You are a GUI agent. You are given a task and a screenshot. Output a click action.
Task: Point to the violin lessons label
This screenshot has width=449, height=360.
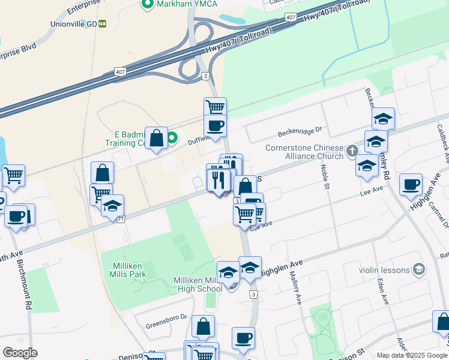pyautogui.click(x=384, y=270)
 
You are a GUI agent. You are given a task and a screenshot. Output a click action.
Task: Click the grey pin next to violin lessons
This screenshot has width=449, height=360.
pyautogui.click(x=418, y=269)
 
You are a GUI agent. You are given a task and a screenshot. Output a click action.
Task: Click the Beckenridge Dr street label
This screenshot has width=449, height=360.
pyautogui.click(x=299, y=130)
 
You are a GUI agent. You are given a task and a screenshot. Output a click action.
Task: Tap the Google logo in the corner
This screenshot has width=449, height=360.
pyautogui.click(x=20, y=352)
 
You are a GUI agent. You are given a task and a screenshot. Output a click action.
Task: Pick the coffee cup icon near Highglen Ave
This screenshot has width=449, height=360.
pyautogui.click(x=411, y=184)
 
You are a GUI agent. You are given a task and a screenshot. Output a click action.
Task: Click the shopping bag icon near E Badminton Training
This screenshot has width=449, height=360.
pyautogui.click(x=156, y=138)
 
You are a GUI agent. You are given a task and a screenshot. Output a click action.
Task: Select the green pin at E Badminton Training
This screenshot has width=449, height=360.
pyautogui.click(x=172, y=138)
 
